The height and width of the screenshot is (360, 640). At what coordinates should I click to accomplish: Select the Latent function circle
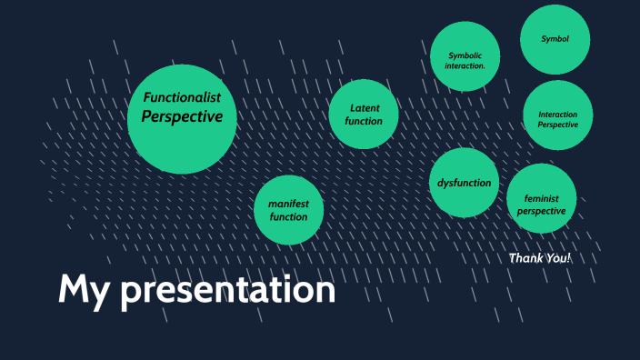point(364,115)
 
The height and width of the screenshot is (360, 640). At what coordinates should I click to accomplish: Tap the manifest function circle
point(288,210)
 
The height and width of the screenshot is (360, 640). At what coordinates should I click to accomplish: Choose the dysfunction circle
point(464,183)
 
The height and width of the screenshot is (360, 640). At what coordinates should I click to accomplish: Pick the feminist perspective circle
point(541,198)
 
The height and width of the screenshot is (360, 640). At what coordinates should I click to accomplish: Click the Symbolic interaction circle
point(465,57)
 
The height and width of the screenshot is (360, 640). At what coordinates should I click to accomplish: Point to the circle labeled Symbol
point(555,39)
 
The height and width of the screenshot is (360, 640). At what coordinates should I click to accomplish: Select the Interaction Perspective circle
point(558,115)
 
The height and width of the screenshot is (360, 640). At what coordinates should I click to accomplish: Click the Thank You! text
point(540,258)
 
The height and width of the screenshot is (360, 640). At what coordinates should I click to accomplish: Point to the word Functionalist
point(182,97)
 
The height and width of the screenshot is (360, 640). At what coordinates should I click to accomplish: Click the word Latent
point(365,108)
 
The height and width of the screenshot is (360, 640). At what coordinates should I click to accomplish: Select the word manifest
point(288,204)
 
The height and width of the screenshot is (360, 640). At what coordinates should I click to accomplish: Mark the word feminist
point(541,198)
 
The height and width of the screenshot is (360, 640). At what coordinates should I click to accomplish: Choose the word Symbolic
point(465,55)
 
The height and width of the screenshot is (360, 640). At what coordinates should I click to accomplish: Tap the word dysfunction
point(464,183)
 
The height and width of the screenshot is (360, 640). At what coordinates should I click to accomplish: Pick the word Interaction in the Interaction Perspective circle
point(557,115)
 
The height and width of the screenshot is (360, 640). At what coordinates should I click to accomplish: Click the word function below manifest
point(288,217)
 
